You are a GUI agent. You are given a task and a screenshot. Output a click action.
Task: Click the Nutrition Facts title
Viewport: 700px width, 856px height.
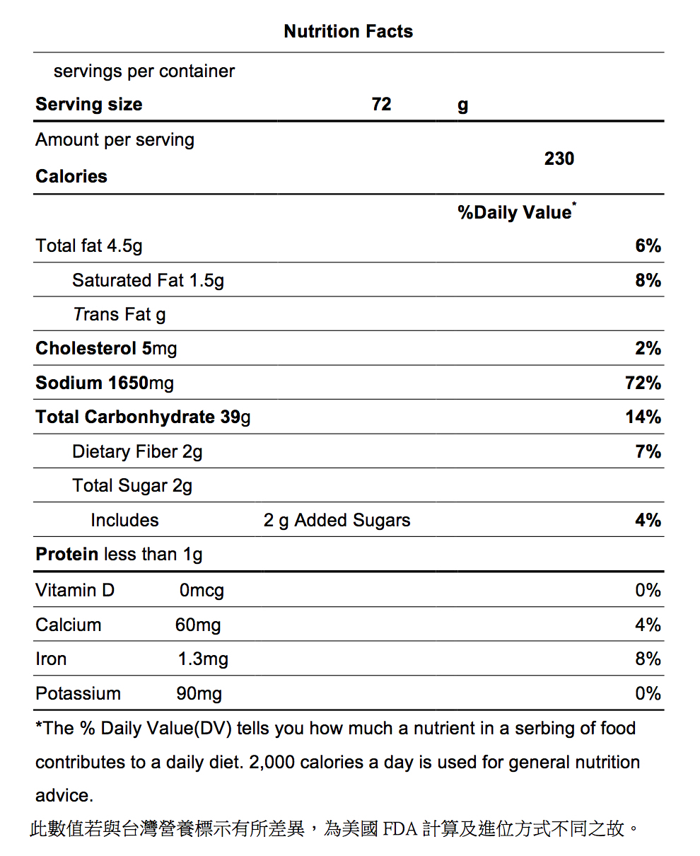(x=348, y=31)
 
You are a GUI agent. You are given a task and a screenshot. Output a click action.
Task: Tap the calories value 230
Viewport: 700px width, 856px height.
(x=559, y=158)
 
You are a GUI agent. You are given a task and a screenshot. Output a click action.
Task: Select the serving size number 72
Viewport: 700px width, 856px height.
(x=381, y=104)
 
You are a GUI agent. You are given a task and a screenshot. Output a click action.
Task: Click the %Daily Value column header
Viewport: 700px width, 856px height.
(x=517, y=212)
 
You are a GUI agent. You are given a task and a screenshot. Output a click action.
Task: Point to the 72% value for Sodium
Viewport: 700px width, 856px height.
(x=643, y=383)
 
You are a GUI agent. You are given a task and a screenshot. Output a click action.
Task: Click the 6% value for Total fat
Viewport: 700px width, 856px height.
(x=648, y=245)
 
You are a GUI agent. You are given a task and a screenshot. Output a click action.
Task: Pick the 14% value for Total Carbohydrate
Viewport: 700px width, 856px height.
(x=643, y=417)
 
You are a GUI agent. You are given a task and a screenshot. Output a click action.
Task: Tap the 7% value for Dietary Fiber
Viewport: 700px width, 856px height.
(x=648, y=451)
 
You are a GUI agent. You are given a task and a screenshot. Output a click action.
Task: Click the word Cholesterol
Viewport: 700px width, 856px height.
(x=86, y=348)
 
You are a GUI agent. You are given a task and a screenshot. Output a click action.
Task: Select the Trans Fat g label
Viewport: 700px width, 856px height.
(x=119, y=315)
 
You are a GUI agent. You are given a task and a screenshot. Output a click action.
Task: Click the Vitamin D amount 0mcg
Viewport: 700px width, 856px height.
(x=202, y=591)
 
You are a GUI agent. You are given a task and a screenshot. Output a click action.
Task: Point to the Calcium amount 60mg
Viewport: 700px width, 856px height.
(x=198, y=625)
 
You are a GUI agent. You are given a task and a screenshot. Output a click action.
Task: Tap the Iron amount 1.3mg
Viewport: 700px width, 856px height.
(x=204, y=659)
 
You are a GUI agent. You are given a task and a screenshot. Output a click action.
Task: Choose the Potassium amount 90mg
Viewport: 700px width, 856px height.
(x=199, y=694)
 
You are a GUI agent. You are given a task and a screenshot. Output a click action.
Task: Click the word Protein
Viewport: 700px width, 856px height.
(x=67, y=554)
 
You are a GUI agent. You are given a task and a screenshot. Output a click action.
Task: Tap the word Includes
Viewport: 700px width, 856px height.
(x=124, y=520)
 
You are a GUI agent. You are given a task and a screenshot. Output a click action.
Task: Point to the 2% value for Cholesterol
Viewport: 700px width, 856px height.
(x=648, y=348)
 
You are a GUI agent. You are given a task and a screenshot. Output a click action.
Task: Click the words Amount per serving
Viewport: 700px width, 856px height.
(x=115, y=140)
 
